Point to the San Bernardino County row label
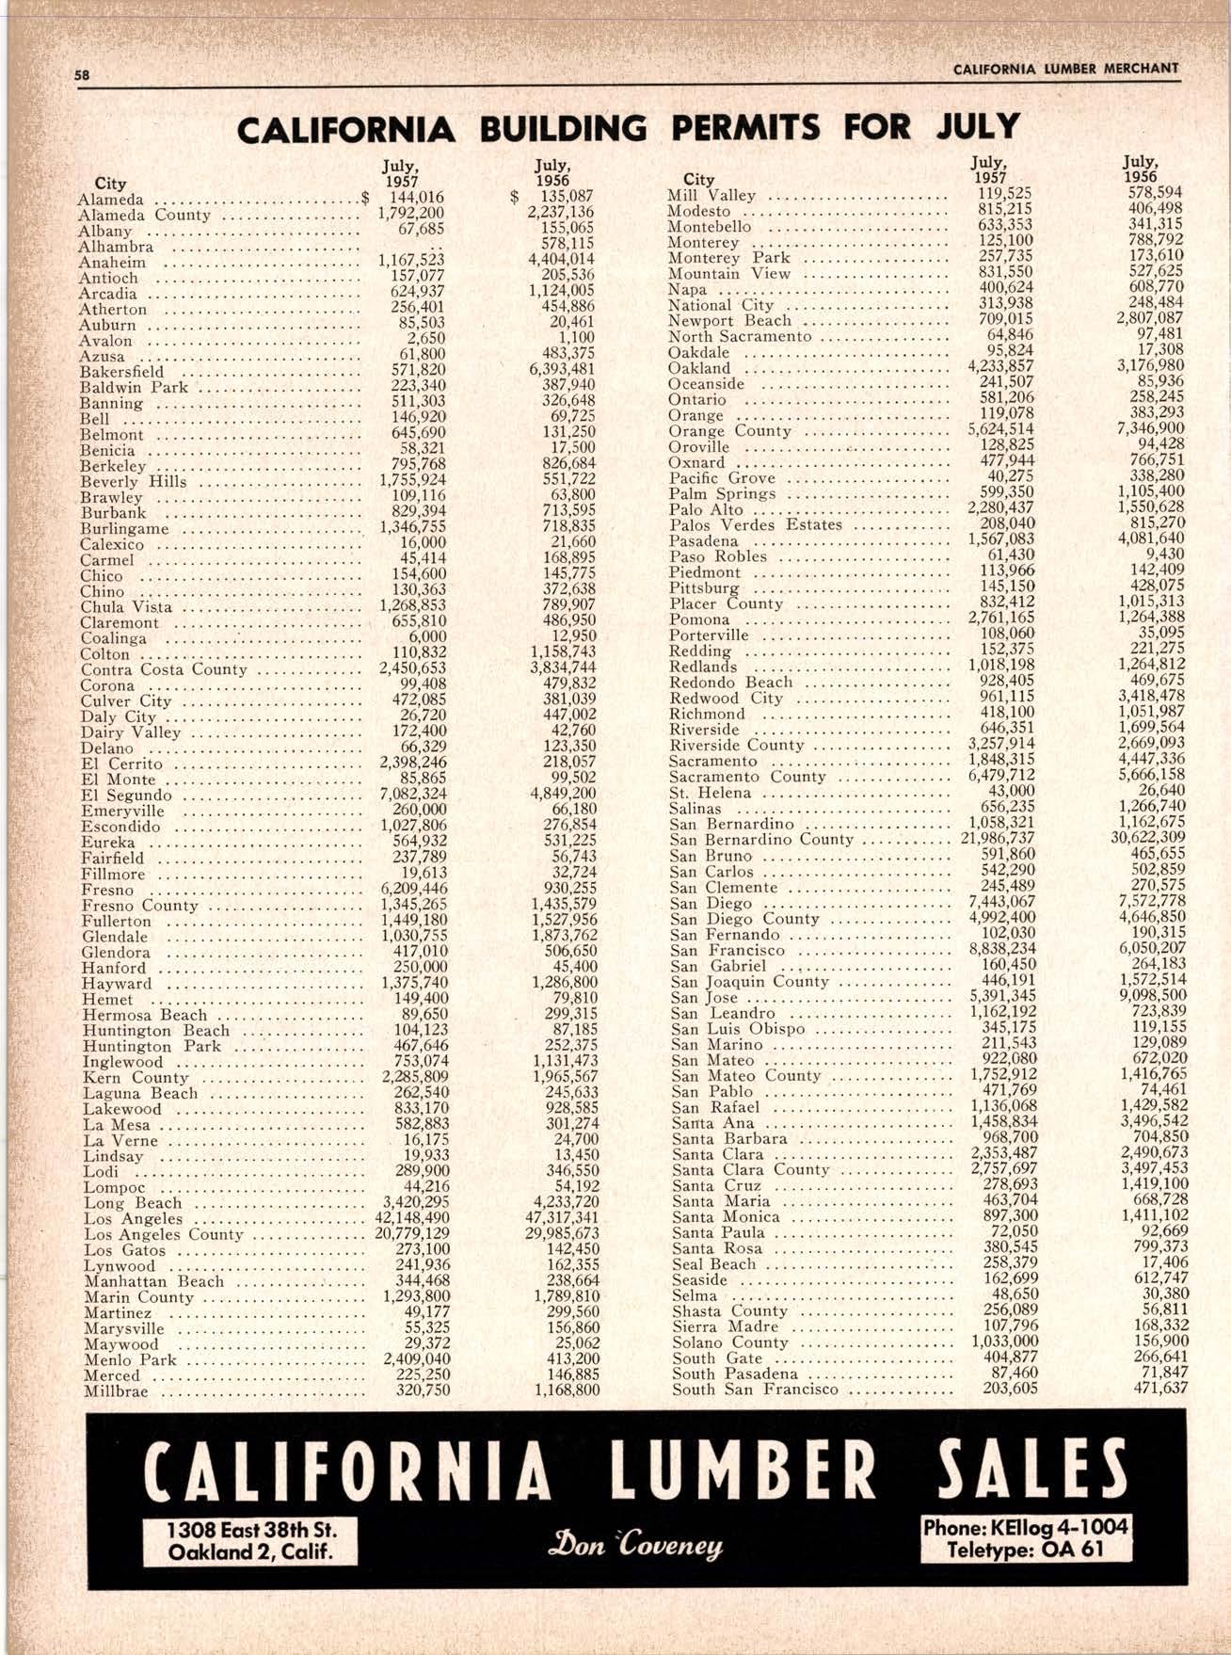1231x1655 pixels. pyautogui.click(x=761, y=840)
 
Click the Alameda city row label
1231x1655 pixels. pyautogui.click(x=111, y=200)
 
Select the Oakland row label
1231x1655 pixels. pyautogui.click(x=699, y=368)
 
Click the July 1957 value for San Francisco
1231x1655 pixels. pyautogui.click(x=1002, y=949)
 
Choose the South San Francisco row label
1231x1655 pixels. pyautogui.click(x=755, y=1389)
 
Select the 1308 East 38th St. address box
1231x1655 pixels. pyautogui.click(x=249, y=1540)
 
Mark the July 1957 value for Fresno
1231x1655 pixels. pyautogui.click(x=414, y=890)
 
